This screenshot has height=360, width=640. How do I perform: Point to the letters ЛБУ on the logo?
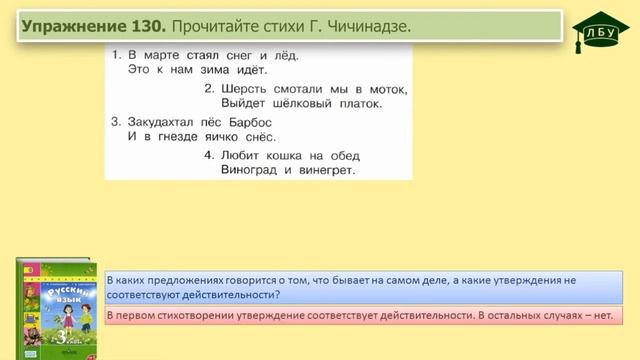597,33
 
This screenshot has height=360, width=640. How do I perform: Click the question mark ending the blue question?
280,295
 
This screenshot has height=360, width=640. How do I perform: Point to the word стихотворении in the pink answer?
190,316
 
